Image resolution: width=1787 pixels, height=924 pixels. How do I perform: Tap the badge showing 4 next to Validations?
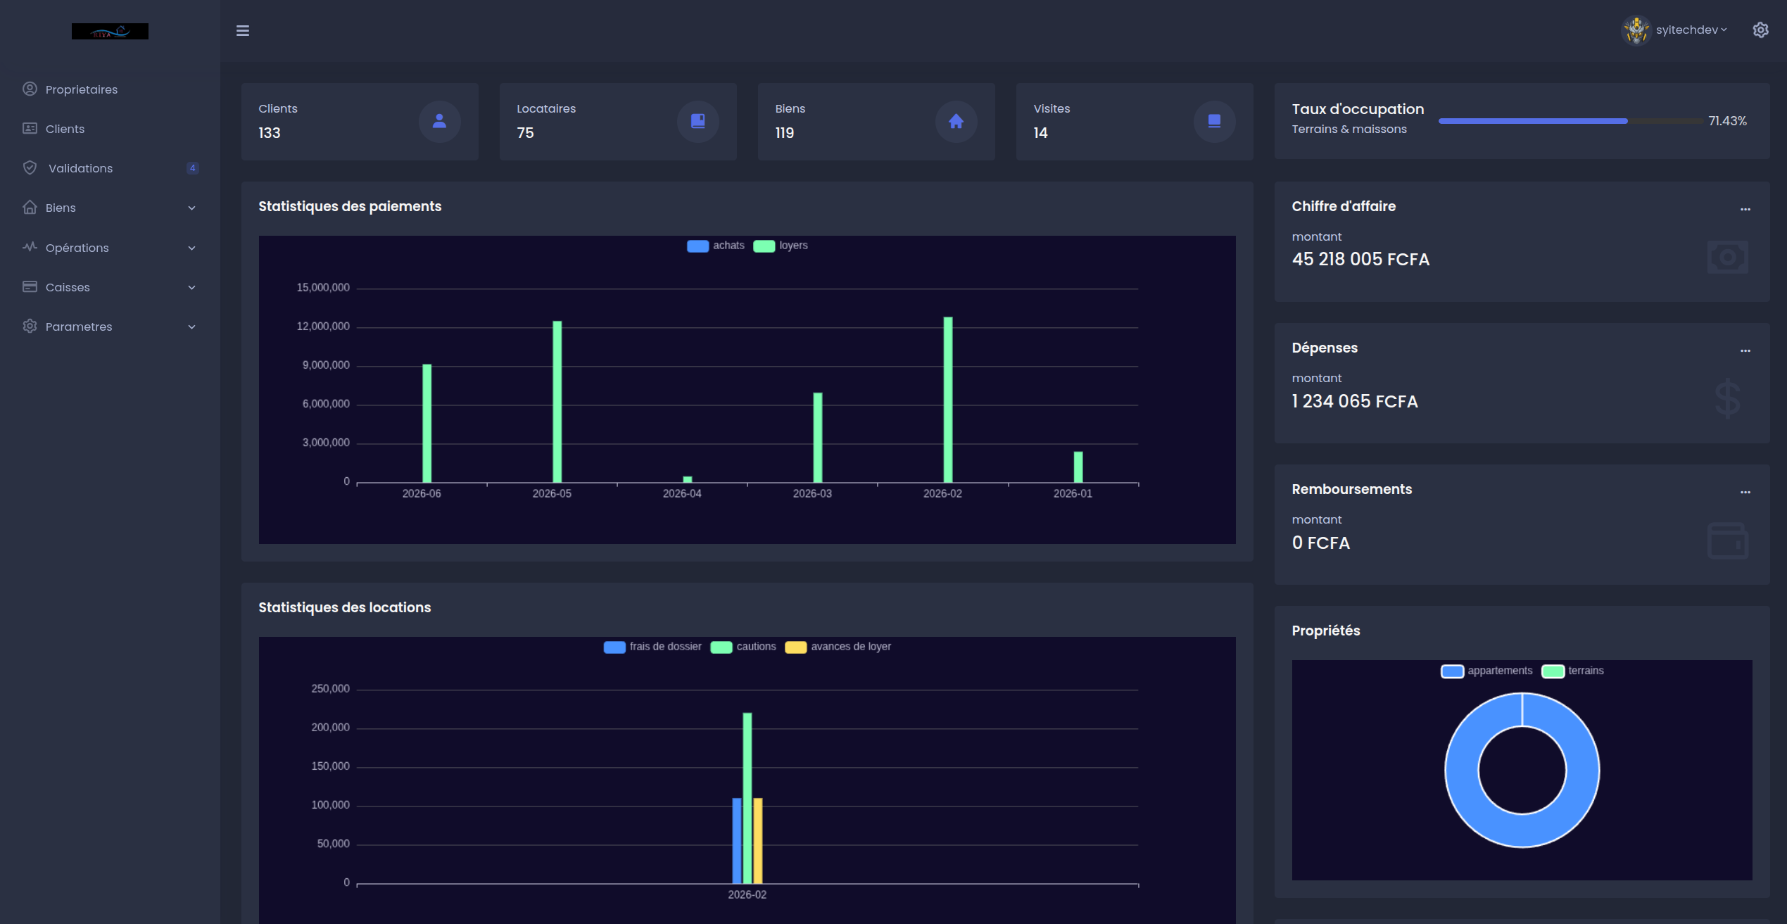pyautogui.click(x=192, y=168)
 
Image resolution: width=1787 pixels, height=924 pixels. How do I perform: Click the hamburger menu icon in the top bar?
pyautogui.click(x=243, y=30)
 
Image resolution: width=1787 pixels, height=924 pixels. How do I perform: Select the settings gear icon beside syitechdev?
pyautogui.click(x=1760, y=30)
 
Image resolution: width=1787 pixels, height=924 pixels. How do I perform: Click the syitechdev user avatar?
pyautogui.click(x=1636, y=30)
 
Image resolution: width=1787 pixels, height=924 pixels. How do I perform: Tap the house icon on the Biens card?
pyautogui.click(x=956, y=122)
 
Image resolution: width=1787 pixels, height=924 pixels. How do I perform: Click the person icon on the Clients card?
pyautogui.click(x=439, y=121)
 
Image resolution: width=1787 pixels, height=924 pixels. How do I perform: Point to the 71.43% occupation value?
pyautogui.click(x=1727, y=121)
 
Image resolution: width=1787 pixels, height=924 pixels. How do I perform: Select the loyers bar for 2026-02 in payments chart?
pyautogui.click(x=948, y=400)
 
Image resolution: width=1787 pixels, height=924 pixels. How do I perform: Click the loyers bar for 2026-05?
pyautogui.click(x=557, y=402)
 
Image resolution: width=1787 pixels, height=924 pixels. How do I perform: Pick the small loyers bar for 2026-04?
pyautogui.click(x=688, y=479)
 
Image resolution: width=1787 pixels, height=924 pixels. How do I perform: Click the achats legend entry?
pyautogui.click(x=715, y=246)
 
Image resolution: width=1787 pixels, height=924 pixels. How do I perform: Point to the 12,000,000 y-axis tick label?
pyautogui.click(x=323, y=327)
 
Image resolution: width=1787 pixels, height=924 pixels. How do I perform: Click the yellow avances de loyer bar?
pyautogui.click(x=758, y=841)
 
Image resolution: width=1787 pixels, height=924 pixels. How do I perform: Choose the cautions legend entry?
pyautogui.click(x=743, y=647)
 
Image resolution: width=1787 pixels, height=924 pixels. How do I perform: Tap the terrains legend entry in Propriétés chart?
pyautogui.click(x=1572, y=671)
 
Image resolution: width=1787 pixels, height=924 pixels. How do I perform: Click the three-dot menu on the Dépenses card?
pyautogui.click(x=1745, y=350)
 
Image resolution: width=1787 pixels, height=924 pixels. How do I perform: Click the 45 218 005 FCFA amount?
pyautogui.click(x=1360, y=260)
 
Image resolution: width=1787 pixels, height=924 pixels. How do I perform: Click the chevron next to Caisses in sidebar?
pyautogui.click(x=191, y=287)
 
